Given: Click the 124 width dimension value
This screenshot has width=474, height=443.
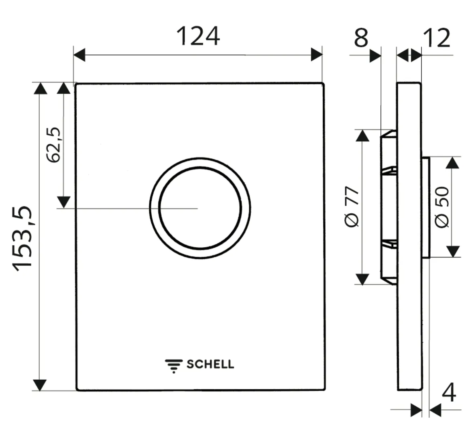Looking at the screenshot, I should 198,36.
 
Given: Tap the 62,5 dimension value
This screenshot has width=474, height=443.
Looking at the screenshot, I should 53,144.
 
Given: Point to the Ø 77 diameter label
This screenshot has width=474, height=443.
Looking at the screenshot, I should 352,206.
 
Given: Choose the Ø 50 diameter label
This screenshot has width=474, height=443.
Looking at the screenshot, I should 442,207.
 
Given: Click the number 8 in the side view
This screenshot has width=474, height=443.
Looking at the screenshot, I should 361,38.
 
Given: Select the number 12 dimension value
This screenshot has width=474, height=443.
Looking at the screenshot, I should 437,38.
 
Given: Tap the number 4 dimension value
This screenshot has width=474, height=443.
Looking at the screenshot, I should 448,393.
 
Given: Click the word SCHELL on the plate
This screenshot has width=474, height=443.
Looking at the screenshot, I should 210,364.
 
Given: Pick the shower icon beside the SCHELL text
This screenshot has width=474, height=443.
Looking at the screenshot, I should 173,366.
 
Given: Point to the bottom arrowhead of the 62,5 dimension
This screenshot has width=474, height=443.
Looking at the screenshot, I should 63,202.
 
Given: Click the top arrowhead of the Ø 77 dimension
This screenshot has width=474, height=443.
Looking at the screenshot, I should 362,136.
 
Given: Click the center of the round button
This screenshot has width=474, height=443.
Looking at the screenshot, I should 200,208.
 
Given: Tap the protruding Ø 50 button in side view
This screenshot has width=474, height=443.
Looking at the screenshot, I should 425,207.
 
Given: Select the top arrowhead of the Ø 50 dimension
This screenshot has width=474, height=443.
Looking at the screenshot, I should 453,163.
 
